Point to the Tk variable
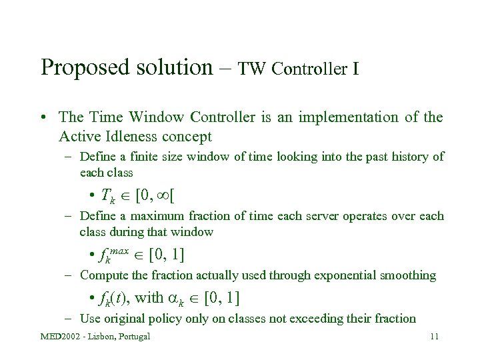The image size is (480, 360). [x=108, y=196]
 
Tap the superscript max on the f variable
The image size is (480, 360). [x=119, y=251]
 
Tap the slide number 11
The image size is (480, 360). [x=434, y=336]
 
